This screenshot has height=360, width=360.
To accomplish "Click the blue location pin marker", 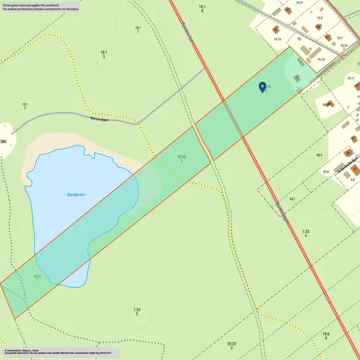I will click(x=262, y=88).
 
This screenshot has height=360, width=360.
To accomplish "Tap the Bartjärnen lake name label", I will click(x=76, y=194).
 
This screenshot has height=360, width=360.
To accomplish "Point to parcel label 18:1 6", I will click(x=202, y=9).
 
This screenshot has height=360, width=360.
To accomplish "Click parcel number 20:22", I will click(x=232, y=345).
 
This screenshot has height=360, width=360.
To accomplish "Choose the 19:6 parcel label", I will click(x=326, y=336).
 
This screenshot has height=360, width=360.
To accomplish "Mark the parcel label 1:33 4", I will click(x=306, y=233).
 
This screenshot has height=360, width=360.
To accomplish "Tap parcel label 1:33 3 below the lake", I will click(x=137, y=312).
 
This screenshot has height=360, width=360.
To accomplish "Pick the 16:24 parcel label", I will click(x=277, y=39).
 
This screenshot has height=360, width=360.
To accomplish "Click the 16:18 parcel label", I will click(x=321, y=60).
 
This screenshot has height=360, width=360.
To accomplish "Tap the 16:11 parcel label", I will click(x=351, y=78).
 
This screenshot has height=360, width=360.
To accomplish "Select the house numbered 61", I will click(x=287, y=10).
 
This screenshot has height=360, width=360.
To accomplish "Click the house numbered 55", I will click(x=276, y=29).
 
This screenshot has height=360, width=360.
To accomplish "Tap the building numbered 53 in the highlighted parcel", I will click(x=297, y=78).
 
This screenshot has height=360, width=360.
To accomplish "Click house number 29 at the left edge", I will click(x=3, y=141).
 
